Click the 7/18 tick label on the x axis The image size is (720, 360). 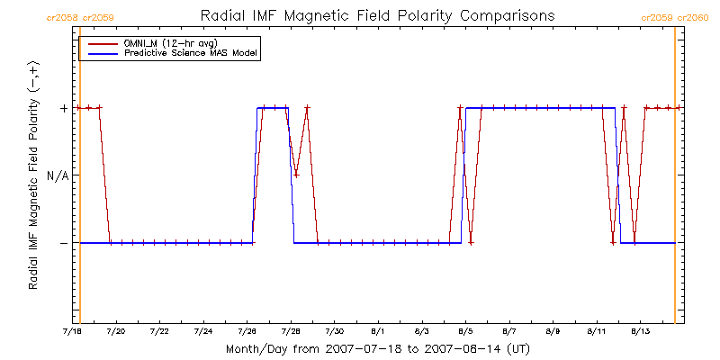coord(72,331)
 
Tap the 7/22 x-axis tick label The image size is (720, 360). coord(159,331)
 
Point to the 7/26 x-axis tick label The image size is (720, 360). coord(247,331)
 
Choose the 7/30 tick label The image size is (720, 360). coord(334,331)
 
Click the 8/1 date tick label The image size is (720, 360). coord(378,331)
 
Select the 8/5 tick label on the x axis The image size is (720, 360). coord(465,331)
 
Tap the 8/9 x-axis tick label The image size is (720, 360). coord(553,331)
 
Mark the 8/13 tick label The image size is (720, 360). coord(640,331)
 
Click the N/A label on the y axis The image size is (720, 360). coord(58,175)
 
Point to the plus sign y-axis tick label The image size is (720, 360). coord(64,108)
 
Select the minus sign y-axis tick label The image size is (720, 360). coord(64,243)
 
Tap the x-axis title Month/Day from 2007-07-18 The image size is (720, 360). coord(376,348)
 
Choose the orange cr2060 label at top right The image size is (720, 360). coord(695,17)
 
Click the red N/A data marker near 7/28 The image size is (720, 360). coord(296,175)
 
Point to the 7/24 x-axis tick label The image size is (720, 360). coord(203,331)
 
